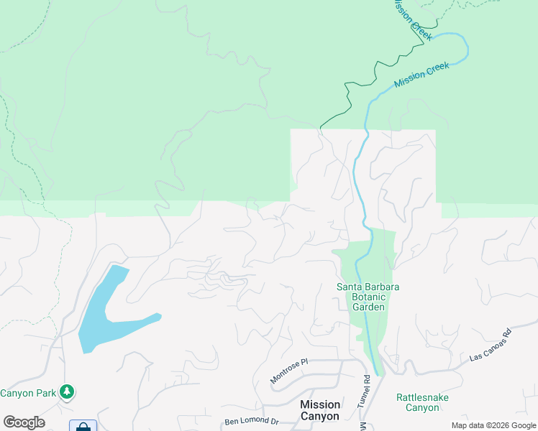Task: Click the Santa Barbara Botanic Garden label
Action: pyautogui.click(x=368, y=297)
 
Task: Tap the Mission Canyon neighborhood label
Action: pyautogui.click(x=320, y=410)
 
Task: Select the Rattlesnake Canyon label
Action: pyautogui.click(x=417, y=402)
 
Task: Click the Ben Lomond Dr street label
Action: pyautogui.click(x=251, y=421)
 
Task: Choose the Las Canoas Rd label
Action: pyautogui.click(x=489, y=346)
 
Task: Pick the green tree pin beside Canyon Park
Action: pyautogui.click(x=67, y=391)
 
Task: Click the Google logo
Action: pyautogui.click(x=24, y=422)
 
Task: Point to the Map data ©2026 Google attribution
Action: pyautogui.click(x=494, y=425)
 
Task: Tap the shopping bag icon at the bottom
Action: pyautogui.click(x=83, y=427)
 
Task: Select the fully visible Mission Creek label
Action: pyautogui.click(x=421, y=75)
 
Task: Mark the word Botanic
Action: pyautogui.click(x=368, y=297)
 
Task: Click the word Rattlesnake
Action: pyautogui.click(x=417, y=397)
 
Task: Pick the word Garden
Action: pyautogui.click(x=368, y=307)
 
